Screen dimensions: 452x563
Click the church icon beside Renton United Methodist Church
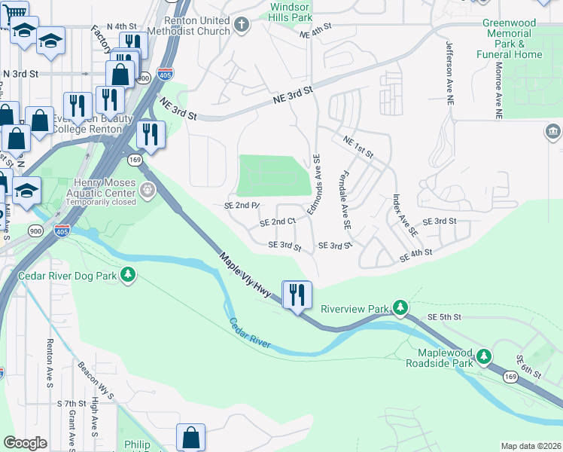(242, 25)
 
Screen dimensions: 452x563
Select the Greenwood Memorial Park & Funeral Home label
(510, 38)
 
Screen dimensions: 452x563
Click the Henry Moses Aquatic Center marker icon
(148, 192)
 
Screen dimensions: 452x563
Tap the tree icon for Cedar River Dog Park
(129, 275)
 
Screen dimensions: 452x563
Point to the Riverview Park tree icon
(402, 308)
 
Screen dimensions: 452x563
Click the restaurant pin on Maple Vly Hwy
(297, 294)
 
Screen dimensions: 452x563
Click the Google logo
(25, 443)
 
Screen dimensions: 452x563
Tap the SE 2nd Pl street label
(241, 206)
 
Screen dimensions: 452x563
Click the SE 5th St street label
(443, 316)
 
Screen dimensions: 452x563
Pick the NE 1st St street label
(358, 146)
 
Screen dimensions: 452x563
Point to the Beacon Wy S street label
(95, 380)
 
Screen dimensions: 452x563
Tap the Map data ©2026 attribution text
(531, 446)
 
